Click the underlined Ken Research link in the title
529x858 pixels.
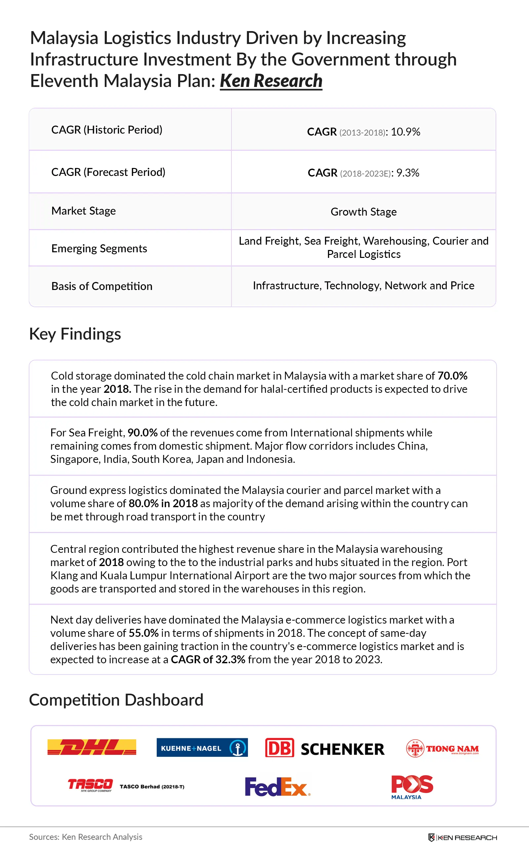coord(271,81)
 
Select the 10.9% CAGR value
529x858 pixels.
coord(405,132)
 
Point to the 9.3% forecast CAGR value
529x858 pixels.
coord(408,173)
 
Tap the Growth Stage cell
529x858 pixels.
coord(363,212)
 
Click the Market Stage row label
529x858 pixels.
coord(83,211)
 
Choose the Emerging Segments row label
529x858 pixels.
coord(99,248)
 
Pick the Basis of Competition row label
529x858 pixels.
coord(102,286)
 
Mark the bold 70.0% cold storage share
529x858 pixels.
coord(452,376)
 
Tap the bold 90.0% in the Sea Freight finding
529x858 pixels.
coord(142,433)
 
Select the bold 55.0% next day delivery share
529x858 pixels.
coord(143,633)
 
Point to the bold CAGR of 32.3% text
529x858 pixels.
coord(208,659)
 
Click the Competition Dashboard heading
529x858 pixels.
coord(116,700)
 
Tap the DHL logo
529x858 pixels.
coord(92,747)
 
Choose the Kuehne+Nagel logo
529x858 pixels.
coord(202,748)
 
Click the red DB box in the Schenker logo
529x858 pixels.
coord(279,748)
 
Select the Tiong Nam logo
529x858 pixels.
coord(442,749)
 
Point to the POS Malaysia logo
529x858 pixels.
coord(412,787)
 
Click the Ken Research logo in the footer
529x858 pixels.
coord(462,838)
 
